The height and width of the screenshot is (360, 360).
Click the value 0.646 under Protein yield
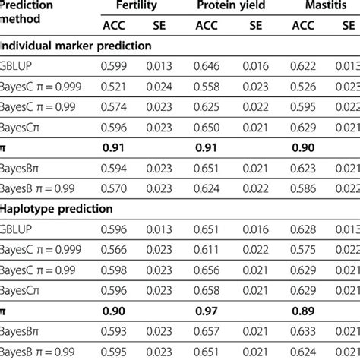pos(206,66)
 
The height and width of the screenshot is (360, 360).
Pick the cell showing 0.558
pos(206,86)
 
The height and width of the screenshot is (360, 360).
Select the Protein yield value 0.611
pos(206,248)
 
